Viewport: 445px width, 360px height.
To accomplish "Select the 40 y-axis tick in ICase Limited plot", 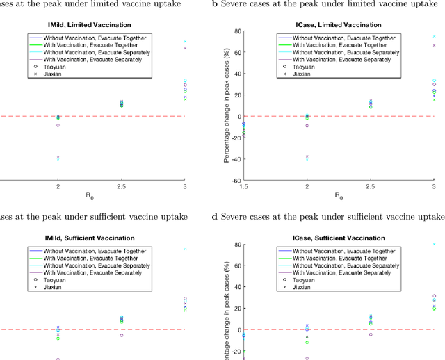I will tap(236, 74).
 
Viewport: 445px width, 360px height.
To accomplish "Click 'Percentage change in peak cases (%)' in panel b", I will tap(226, 106).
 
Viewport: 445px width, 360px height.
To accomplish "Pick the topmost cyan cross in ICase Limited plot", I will tap(434, 36).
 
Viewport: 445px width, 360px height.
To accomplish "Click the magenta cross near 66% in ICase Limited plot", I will tap(434, 46).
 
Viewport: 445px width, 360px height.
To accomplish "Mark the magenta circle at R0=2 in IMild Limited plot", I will tap(58, 125).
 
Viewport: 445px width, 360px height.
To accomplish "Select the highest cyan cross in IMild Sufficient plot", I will tap(184, 249).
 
